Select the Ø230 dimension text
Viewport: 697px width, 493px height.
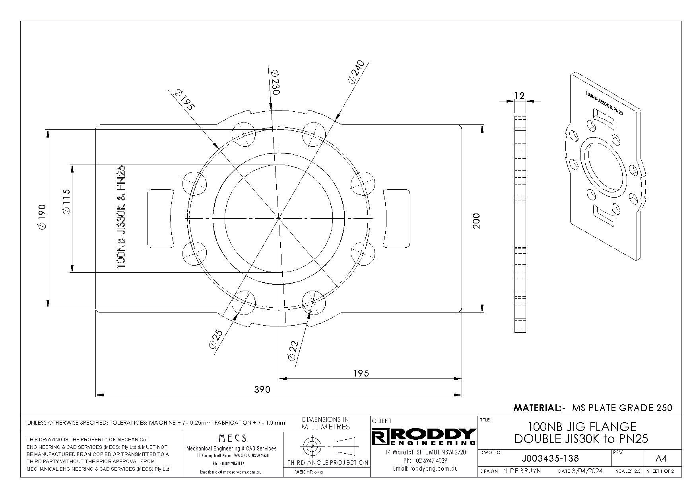pos(275,82)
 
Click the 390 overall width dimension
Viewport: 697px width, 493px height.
pos(262,389)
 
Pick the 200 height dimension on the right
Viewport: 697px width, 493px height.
pos(477,221)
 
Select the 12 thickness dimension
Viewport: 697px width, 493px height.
pos(519,95)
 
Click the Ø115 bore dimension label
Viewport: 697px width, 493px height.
pos(66,202)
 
